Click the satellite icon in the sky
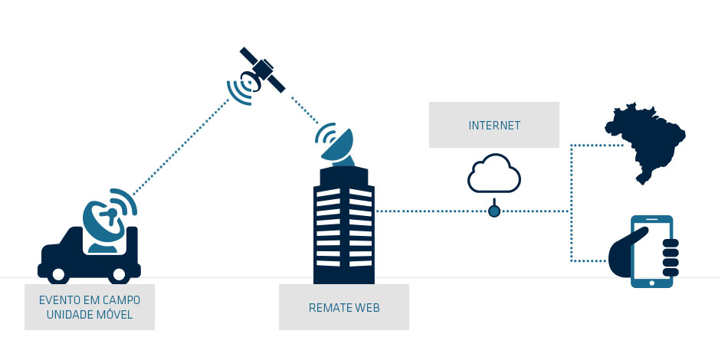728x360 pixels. click(261, 70)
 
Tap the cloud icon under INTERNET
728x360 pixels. click(494, 174)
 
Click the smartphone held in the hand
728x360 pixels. click(651, 251)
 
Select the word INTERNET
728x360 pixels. click(494, 124)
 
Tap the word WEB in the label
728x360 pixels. click(369, 308)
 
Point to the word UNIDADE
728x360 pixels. click(70, 315)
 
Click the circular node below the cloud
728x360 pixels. click(494, 211)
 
